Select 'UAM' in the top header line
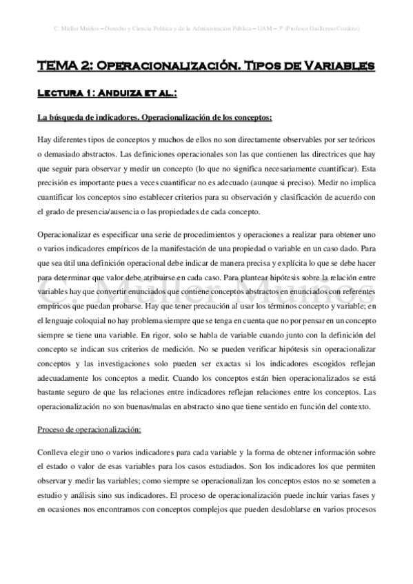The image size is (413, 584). (271, 28)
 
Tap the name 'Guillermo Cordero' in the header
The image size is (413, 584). (336, 28)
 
